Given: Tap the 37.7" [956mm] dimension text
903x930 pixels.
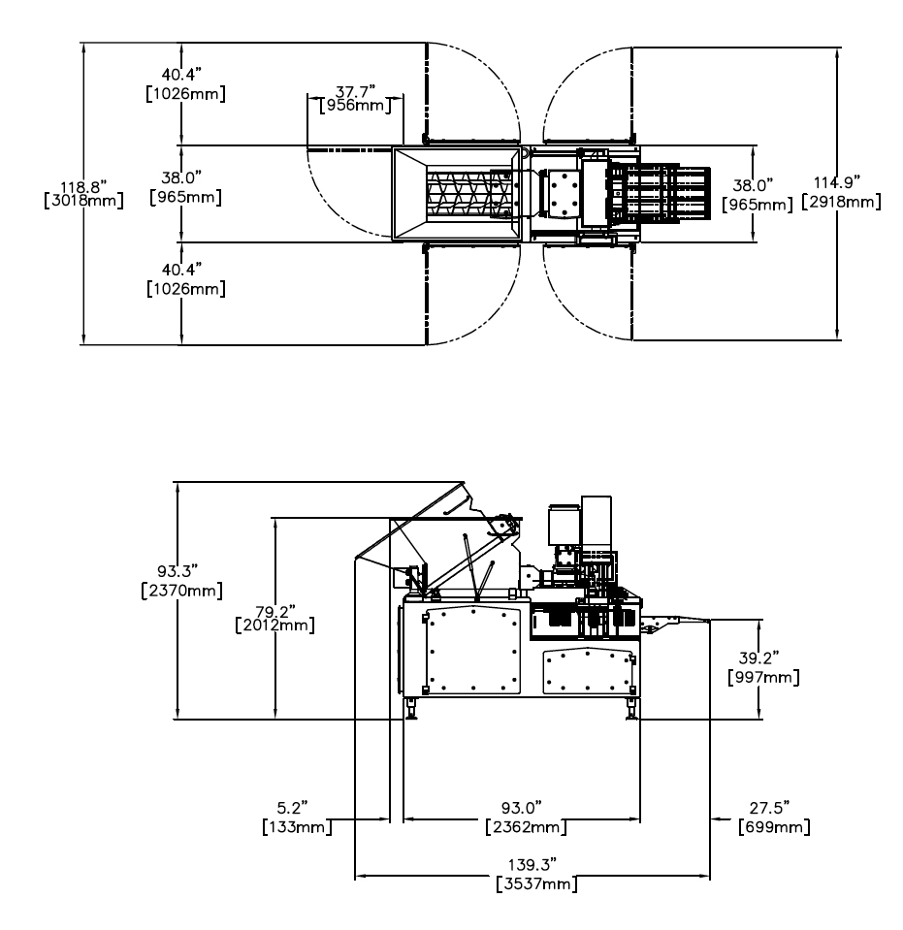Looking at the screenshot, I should tap(356, 98).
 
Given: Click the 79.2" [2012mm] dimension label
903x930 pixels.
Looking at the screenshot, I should tap(277, 616).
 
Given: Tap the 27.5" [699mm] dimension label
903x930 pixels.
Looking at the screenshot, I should tap(773, 818).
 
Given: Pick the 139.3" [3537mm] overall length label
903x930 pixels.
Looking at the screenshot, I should tap(532, 872).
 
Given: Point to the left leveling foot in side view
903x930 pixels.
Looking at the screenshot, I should tap(413, 712).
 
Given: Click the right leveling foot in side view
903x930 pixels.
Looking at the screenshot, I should tap(632, 712).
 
